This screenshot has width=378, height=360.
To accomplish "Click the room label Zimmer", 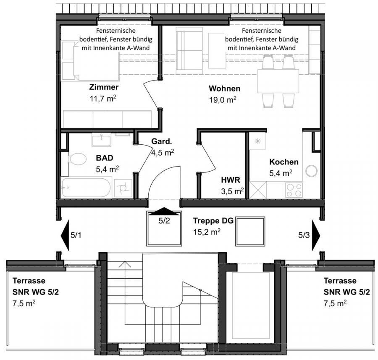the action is point(104,87).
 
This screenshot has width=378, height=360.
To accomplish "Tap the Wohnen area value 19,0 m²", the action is point(223,99).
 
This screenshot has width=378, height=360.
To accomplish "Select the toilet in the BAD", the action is point(78,159).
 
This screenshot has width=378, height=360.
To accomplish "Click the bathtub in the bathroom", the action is point(86,188).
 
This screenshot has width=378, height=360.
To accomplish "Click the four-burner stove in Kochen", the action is point(294,190).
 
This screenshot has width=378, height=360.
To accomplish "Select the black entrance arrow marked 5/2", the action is point(164,211).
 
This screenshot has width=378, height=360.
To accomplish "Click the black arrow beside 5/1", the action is point(65,235).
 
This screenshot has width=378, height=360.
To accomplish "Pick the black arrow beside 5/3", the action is point(316,235).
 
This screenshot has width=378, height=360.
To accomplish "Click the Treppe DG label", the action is point(213,221).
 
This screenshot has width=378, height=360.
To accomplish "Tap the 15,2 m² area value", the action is point(207,232).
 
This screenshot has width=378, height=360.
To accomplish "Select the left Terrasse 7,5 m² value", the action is point(24,303).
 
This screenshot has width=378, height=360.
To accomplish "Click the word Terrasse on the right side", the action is point(340,281).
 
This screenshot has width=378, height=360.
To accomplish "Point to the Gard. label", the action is point(162,141).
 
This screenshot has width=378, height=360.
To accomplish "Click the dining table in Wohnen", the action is point(278,81).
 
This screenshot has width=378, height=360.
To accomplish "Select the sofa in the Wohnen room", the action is point(189,51).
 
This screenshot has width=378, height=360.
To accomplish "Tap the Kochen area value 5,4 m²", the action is point(281,173).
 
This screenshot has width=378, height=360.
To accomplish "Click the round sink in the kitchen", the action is point(312,171).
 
